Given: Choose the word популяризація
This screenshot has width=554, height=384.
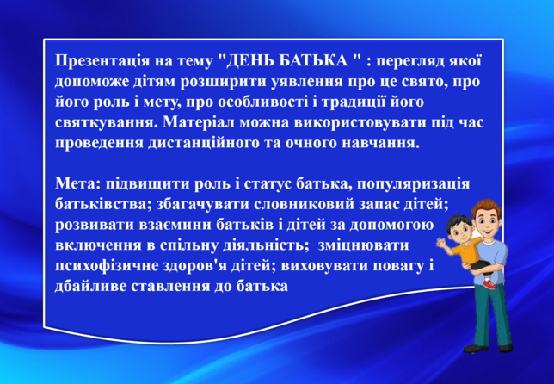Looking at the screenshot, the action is click(414, 185).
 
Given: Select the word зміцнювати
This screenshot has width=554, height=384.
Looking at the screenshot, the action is click(363, 245).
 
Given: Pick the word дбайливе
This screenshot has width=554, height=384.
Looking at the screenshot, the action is click(90, 287).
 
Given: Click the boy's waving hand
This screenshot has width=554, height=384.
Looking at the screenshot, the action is click(441, 244).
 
